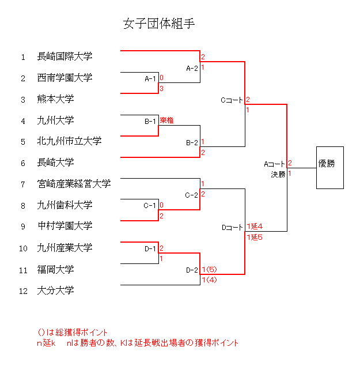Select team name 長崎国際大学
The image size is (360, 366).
point(65,56)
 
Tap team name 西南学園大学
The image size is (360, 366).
point(65,78)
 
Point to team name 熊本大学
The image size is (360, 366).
point(55,99)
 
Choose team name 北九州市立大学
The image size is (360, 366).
point(69,141)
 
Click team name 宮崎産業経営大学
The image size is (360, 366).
point(74,184)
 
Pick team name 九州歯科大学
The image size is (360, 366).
point(65,205)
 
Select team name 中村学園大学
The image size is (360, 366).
point(65,226)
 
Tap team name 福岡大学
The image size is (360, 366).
point(55,269)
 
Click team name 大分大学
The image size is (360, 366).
point(55,290)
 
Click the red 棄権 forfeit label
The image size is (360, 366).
point(167,120)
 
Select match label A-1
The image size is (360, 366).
point(150,78)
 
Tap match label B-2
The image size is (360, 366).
point(192,142)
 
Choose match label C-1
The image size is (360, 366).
point(150,205)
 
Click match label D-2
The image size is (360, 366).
point(192,269)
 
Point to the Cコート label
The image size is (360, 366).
point(232,100)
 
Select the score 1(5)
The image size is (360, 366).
point(209,269)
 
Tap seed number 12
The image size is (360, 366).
point(23,291)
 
